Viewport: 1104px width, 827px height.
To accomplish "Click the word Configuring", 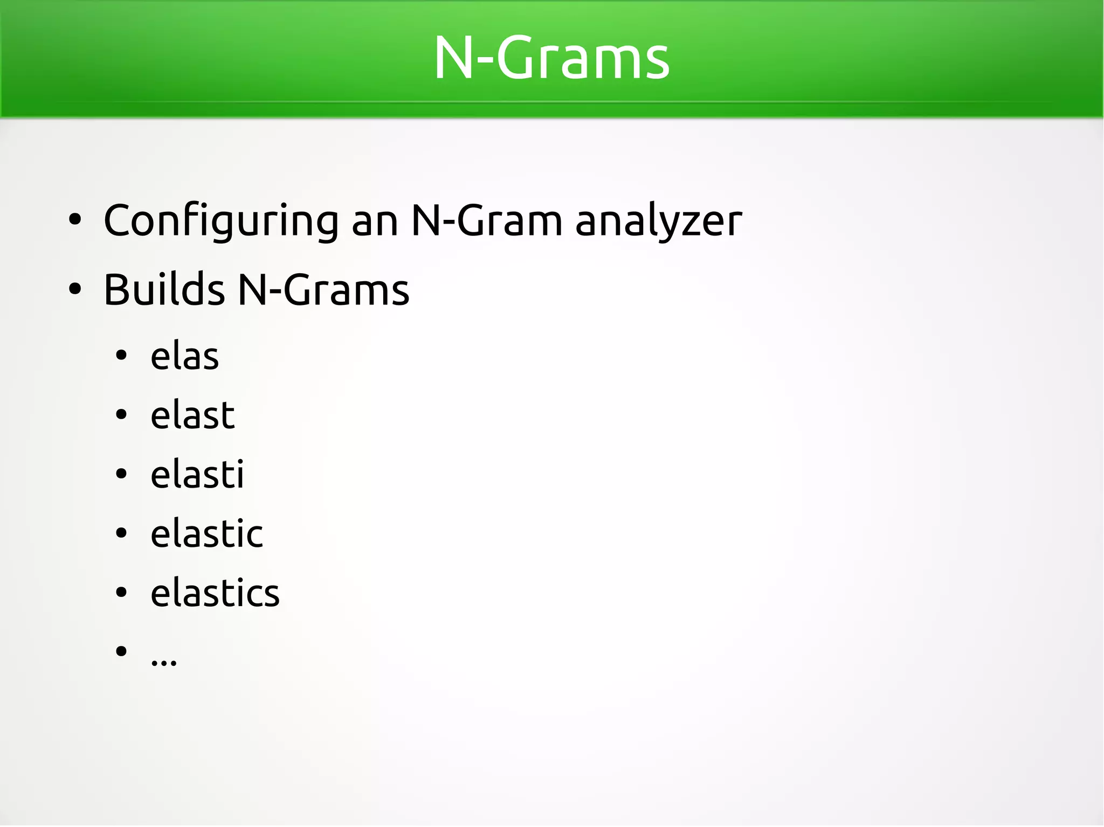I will pos(221,221).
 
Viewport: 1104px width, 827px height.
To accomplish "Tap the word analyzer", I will pos(658,221).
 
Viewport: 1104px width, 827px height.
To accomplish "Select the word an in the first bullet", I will pos(375,221).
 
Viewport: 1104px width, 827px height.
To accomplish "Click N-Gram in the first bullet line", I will pos(487,221).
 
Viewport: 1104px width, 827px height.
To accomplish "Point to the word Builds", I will pos(164,290).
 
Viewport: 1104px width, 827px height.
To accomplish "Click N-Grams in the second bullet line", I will pos(323,290).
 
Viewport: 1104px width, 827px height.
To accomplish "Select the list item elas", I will pos(184,357).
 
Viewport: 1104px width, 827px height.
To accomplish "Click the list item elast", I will pos(192,415).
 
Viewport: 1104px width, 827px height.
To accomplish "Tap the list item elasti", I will pos(197,475).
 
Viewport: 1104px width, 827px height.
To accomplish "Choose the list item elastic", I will pos(206,534).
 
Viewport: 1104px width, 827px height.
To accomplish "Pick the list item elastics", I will pos(215,593).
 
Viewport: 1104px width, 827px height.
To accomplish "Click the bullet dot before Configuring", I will pos(75,220).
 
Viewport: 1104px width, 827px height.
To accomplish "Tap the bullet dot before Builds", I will pos(75,289).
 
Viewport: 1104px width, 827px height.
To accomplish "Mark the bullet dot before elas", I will pos(121,356).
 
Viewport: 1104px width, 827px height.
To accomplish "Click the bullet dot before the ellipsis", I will pos(121,651).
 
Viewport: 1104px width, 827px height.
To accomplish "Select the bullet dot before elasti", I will pos(121,474).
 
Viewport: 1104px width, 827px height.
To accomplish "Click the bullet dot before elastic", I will pos(121,533).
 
